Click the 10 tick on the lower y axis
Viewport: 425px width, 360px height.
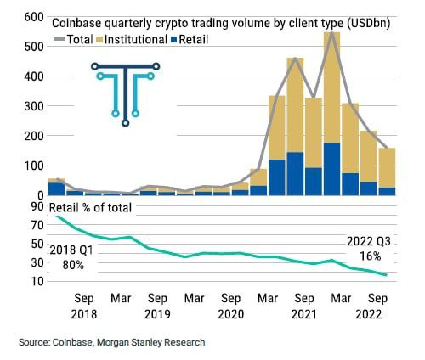pos(36,281)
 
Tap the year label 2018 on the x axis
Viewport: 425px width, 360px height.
pos(83,314)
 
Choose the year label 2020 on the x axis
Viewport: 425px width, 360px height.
pos(230,314)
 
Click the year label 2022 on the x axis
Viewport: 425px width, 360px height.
pos(377,314)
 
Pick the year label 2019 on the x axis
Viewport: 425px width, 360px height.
pos(157,314)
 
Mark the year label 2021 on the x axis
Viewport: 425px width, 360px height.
pos(304,314)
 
